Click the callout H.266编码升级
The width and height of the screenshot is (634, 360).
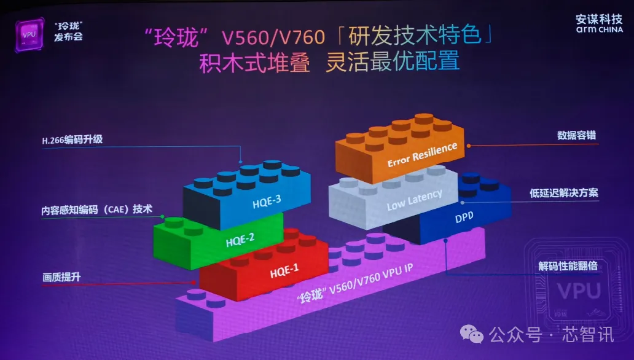(71, 140)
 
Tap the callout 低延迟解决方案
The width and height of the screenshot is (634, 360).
(563, 193)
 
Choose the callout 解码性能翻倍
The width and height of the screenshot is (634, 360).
(568, 266)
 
